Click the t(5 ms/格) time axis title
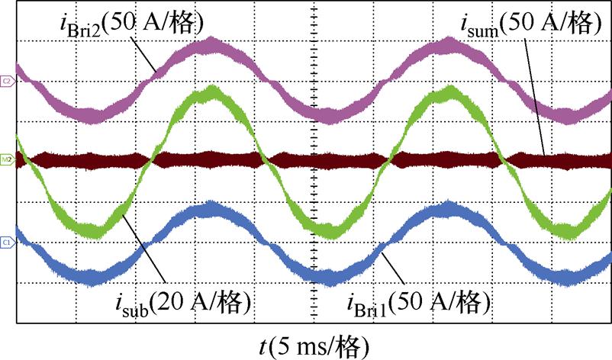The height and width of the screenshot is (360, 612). [x=314, y=346]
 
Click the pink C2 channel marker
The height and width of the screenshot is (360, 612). [x=6, y=80]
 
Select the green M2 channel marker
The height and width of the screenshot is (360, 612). [x=6, y=160]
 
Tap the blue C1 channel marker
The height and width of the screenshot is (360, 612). [x=6, y=242]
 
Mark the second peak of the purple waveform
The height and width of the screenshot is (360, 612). [x=449, y=46]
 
